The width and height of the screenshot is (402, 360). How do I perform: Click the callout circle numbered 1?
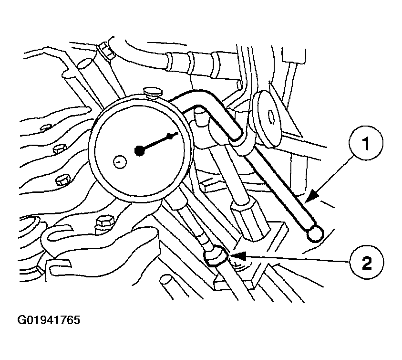366,143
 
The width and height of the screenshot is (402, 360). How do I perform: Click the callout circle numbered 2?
367,262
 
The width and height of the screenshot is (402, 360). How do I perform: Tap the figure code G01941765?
49,320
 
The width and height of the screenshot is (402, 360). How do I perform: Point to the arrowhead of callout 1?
312,196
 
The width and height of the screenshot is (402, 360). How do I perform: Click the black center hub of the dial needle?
140,151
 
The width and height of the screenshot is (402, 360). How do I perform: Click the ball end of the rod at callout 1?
315,233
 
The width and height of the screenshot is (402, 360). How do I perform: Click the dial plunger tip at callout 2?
216,256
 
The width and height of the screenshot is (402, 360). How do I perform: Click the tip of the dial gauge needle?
176,133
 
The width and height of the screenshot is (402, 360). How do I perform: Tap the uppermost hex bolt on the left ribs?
46,127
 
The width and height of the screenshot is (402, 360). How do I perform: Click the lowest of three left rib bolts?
63,180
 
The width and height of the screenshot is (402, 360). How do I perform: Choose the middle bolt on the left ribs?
60,148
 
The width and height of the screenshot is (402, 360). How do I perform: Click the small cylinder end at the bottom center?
165,280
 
